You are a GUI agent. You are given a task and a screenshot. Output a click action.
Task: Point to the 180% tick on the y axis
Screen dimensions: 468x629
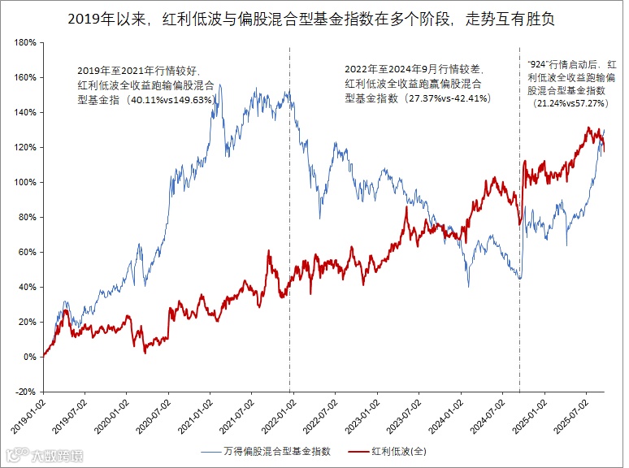(x=25, y=42)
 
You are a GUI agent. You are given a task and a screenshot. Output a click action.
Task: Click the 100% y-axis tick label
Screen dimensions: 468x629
(x=25, y=182)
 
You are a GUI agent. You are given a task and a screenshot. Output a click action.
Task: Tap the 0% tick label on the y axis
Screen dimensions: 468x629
(x=30, y=357)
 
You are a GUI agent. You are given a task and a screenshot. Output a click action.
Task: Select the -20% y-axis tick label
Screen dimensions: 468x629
(x=25, y=392)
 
